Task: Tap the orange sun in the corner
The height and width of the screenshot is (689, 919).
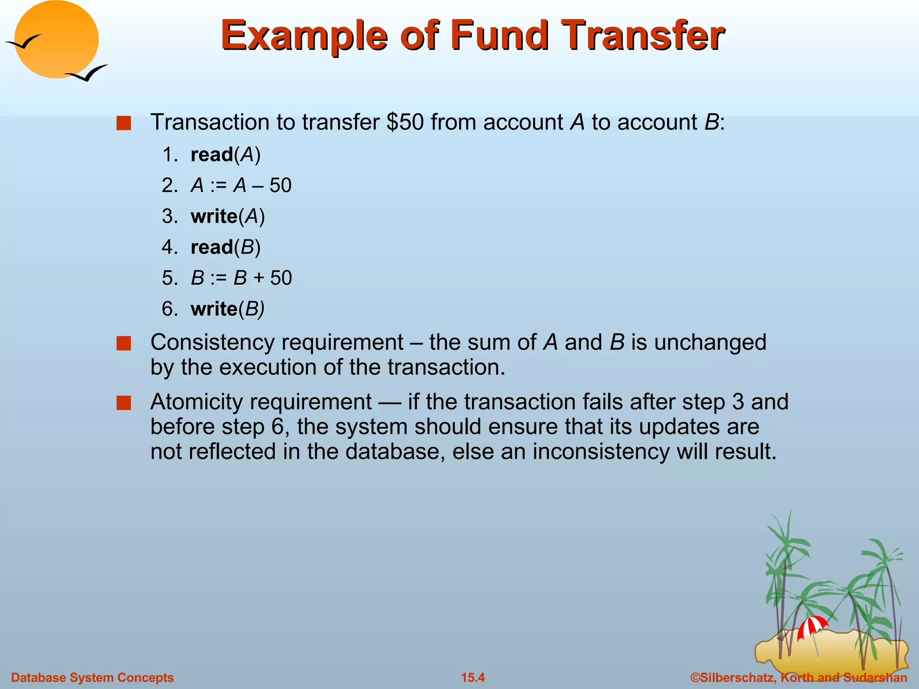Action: click(x=56, y=39)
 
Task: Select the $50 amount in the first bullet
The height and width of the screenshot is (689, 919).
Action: click(x=405, y=122)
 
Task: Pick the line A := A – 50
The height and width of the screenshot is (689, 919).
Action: click(x=241, y=185)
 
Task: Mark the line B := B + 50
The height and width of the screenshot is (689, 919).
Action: click(x=241, y=278)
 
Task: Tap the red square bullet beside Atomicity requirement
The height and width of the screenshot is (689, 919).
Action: click(x=123, y=403)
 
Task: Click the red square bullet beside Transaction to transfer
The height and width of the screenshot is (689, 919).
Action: click(x=123, y=123)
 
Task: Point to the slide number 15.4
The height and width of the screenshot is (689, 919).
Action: click(x=473, y=677)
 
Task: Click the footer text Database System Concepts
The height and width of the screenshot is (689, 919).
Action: click(x=92, y=677)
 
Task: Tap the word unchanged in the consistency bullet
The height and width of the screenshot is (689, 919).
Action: click(x=710, y=342)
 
